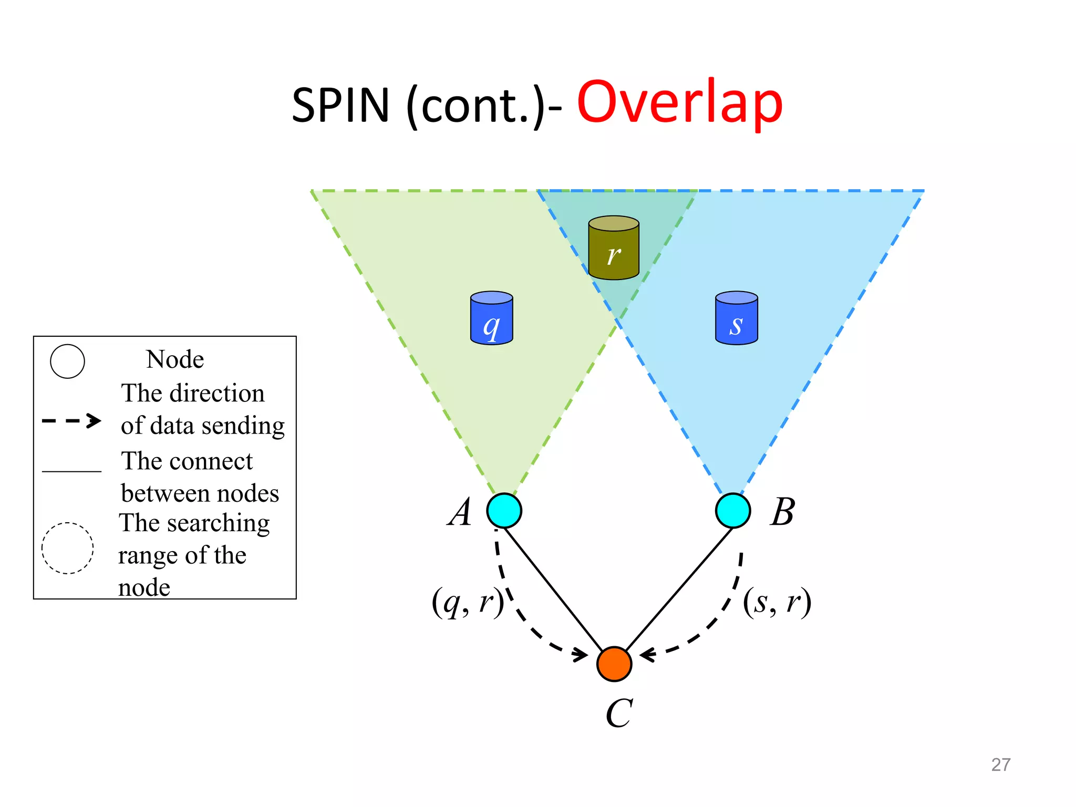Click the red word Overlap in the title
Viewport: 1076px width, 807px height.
(x=679, y=102)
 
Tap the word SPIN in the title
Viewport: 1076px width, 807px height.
(x=340, y=105)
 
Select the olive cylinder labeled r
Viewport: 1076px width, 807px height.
(x=614, y=247)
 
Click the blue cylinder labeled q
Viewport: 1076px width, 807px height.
(x=491, y=318)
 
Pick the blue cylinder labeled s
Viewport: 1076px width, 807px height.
(x=736, y=318)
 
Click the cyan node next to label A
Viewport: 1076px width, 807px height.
(x=504, y=510)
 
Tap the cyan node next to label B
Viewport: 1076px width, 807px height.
(x=732, y=510)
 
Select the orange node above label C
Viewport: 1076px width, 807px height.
(x=614, y=664)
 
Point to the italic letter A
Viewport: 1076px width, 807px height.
(x=460, y=512)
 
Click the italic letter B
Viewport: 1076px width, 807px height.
(x=783, y=512)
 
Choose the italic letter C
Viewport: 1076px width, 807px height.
(x=619, y=713)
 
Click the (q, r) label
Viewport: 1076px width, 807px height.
(x=467, y=602)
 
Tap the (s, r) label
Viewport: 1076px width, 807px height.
(x=777, y=602)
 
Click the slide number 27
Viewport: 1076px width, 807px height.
(x=1000, y=764)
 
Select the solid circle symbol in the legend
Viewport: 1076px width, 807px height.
(x=67, y=361)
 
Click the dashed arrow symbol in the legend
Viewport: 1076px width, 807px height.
(x=71, y=420)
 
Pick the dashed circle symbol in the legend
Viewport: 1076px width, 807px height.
(x=67, y=548)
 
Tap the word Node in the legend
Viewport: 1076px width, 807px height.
(x=175, y=360)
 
